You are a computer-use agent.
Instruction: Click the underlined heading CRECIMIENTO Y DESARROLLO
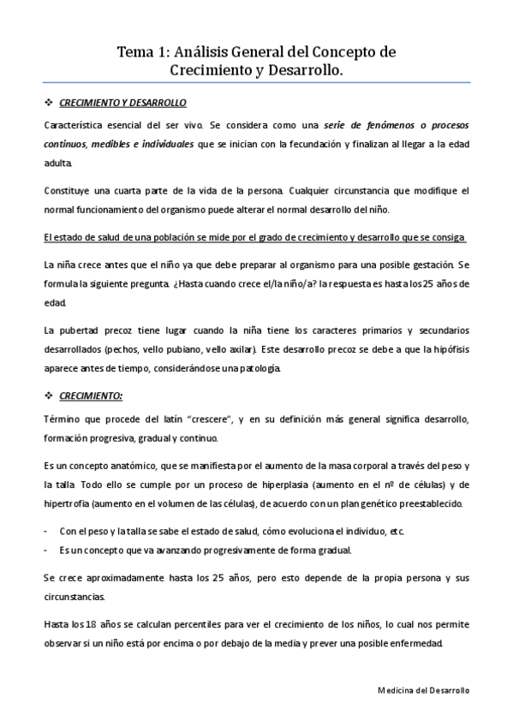click(122, 103)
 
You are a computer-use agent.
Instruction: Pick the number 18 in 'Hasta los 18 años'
click(96, 620)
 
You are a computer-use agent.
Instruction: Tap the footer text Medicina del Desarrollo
click(422, 689)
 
